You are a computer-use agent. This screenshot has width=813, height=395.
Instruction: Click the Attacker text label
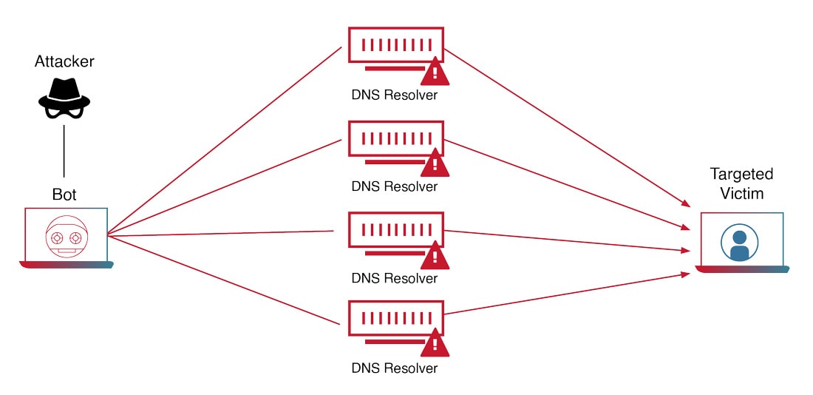[x=64, y=61]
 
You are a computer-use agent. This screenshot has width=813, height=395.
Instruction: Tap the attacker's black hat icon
[x=64, y=98]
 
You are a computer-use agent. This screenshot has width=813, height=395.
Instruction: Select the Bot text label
[x=64, y=195]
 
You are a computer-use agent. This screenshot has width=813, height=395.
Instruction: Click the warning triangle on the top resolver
[x=435, y=72]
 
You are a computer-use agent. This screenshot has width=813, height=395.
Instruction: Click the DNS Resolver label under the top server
[x=394, y=95]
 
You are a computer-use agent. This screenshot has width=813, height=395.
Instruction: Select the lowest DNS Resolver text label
[x=394, y=368]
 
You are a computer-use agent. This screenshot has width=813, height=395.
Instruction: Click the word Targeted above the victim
[x=741, y=175]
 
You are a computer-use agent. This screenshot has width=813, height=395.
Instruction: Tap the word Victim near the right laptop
[x=741, y=193]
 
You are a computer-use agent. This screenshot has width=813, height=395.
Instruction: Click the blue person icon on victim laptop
[x=739, y=244]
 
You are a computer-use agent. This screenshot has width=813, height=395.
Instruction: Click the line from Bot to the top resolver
[x=222, y=141]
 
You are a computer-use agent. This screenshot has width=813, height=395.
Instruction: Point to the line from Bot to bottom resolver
[x=222, y=280]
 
